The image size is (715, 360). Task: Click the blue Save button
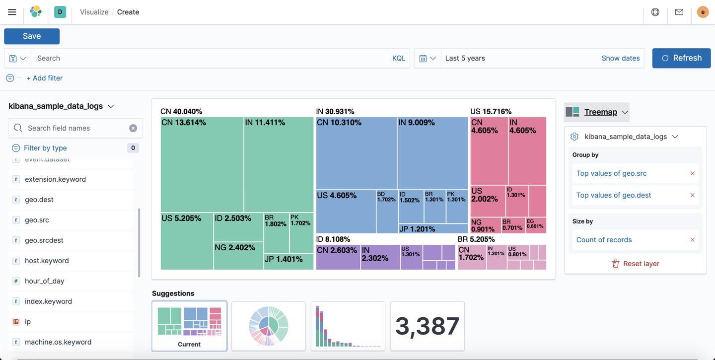32,36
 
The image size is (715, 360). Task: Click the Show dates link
620,58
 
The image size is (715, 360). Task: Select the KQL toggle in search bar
398,58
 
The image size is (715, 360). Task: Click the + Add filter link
44,78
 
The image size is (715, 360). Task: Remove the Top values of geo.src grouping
692,173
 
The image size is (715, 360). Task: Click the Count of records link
604,240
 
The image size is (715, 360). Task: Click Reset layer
635,264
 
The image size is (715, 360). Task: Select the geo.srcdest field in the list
44,240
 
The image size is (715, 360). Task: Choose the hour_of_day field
44,281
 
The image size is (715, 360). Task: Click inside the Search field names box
74,128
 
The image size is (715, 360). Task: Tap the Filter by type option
45,148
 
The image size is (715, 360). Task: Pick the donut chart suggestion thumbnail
269,326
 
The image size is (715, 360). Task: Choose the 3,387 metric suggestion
427,326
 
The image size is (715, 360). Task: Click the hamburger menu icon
12,12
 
